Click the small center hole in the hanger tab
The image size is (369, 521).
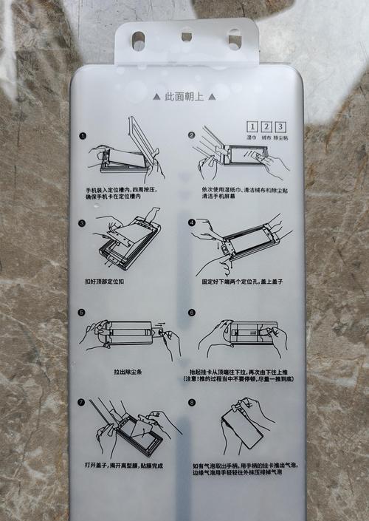tap(186, 35)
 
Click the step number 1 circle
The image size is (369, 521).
tap(83, 136)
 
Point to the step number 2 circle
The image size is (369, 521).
tap(191, 135)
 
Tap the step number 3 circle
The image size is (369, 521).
tap(83, 222)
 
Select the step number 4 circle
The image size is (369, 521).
tap(192, 222)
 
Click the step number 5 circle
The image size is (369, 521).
tap(83, 313)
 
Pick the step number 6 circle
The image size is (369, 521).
tap(192, 313)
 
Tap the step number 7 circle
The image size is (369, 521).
tap(81, 403)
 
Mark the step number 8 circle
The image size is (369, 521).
tap(192, 403)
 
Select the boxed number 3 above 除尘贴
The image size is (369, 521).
tap(280, 127)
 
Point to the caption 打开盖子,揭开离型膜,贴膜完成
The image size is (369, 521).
tap(124, 466)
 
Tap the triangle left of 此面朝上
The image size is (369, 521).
tap(156, 96)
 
